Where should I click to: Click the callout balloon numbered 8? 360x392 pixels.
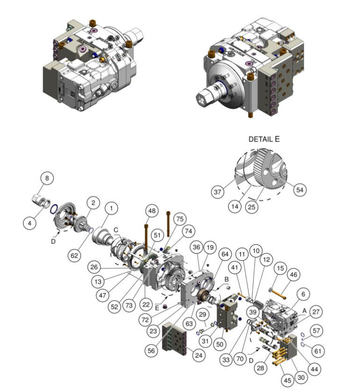tap(47, 178)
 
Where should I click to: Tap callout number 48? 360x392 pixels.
tap(152, 211)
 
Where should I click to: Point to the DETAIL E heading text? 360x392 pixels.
tap(264, 139)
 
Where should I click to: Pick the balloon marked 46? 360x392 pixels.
tap(294, 274)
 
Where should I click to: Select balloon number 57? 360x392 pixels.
tap(317, 331)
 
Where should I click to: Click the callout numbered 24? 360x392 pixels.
tap(199, 356)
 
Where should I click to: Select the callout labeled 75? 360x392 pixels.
tap(180, 219)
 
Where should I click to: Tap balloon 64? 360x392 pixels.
tap(225, 254)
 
